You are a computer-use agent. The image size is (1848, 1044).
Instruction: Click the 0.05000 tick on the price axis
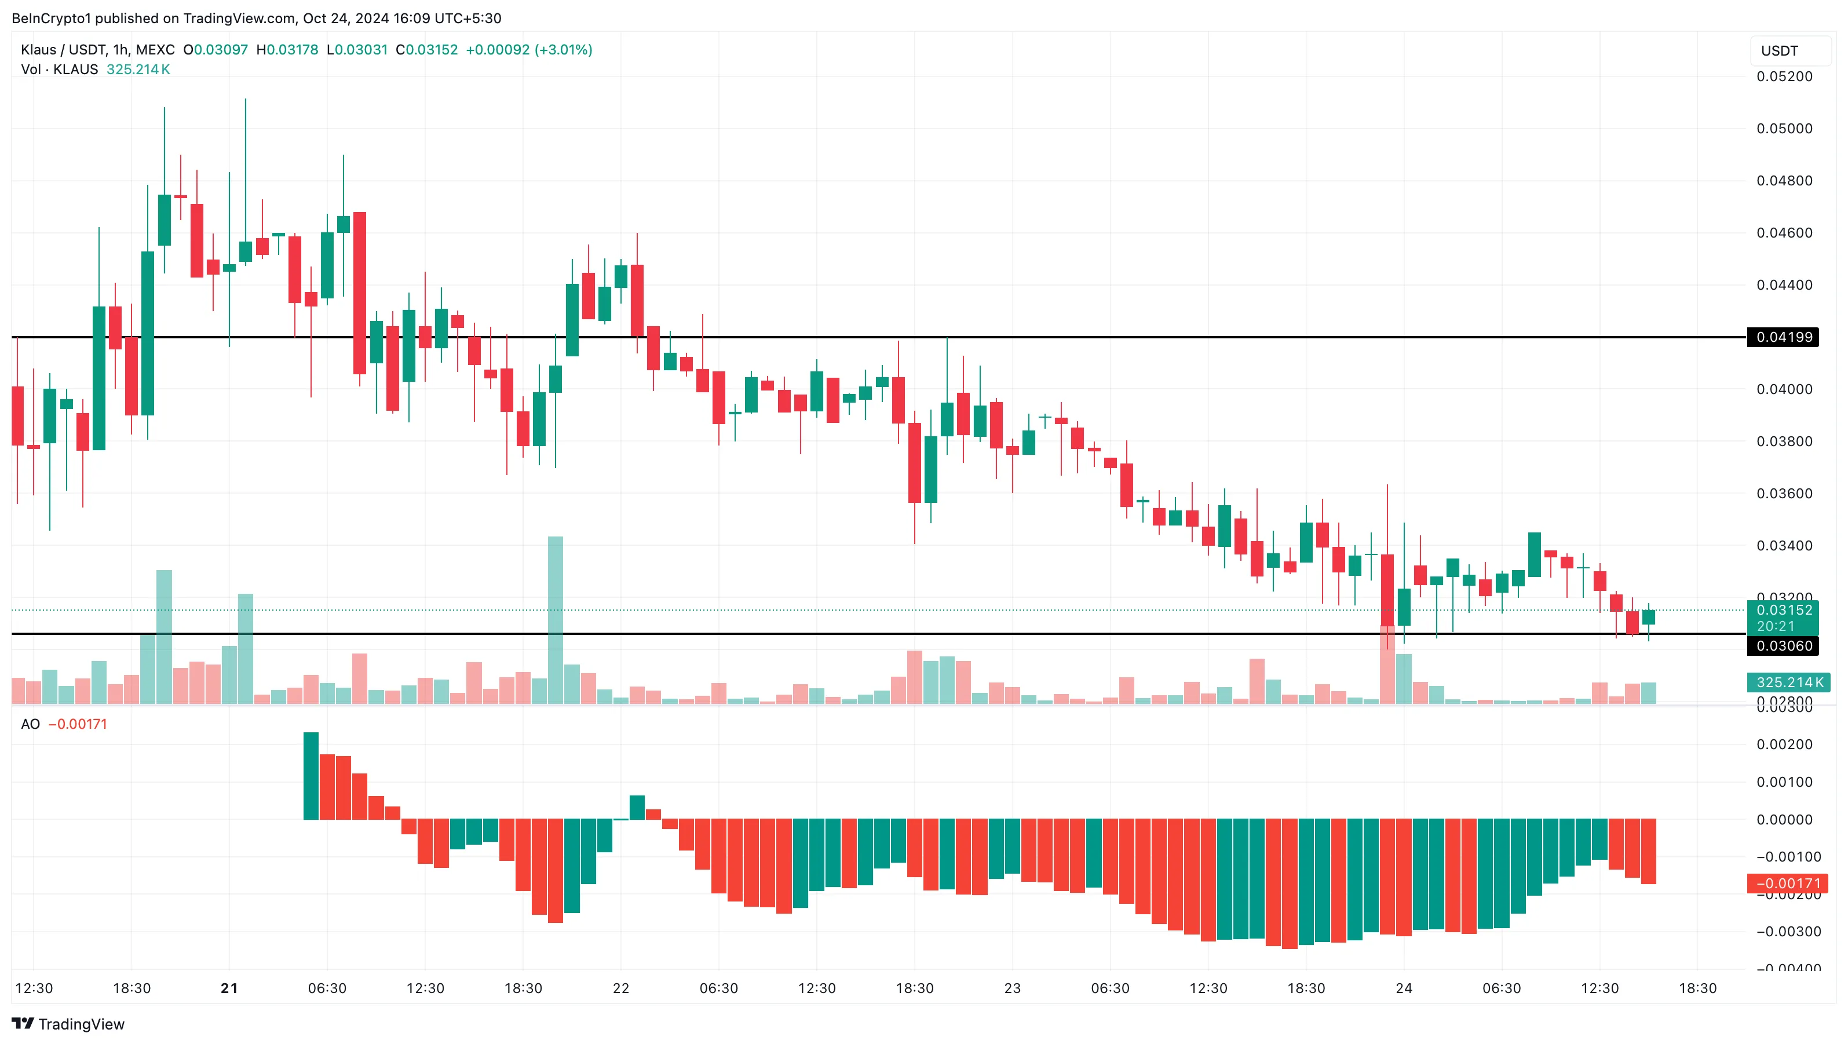1784,129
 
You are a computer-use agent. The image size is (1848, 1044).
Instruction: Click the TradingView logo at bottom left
68,1024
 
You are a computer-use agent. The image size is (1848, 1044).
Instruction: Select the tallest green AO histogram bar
311,776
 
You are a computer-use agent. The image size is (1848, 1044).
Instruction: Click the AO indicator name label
30,725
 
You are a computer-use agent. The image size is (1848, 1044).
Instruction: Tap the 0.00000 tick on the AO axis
1784,819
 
